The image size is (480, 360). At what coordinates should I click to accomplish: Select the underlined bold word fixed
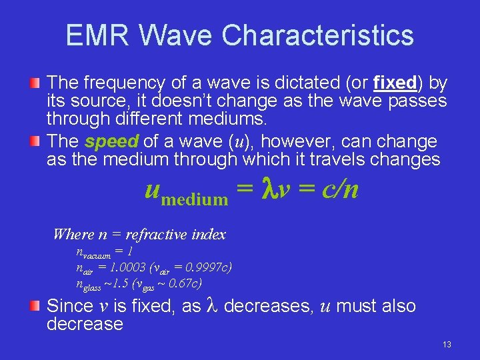click(x=395, y=83)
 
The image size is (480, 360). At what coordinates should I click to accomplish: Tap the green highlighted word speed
click(x=111, y=142)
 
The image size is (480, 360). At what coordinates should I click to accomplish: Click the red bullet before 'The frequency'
click(x=36, y=83)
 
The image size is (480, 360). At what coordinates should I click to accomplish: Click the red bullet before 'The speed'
click(x=36, y=142)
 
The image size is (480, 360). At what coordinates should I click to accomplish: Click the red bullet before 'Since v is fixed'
click(x=36, y=307)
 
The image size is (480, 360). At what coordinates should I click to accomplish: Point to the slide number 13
click(x=446, y=345)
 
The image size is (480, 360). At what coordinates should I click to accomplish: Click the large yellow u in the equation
click(x=153, y=189)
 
